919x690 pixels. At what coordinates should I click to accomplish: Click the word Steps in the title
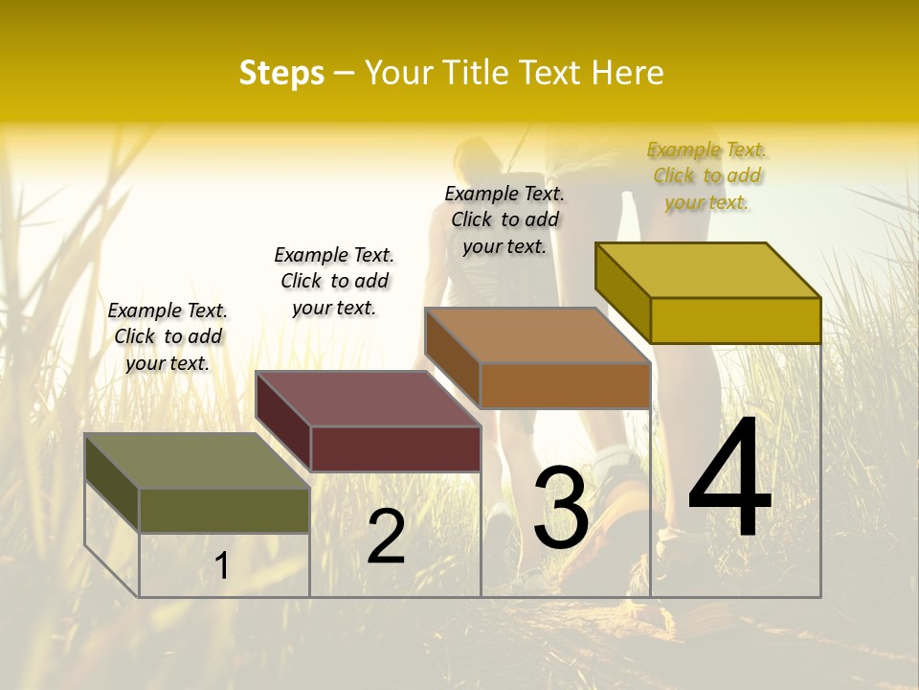pyautogui.click(x=281, y=73)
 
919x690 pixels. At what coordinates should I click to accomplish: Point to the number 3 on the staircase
pyautogui.click(x=561, y=508)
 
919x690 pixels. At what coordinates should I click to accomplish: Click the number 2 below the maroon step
pyautogui.click(x=387, y=537)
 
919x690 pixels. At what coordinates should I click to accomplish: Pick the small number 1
pyautogui.click(x=222, y=566)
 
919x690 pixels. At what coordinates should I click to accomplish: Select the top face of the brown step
pyautogui.click(x=536, y=335)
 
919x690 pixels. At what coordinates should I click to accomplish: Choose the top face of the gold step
pyautogui.click(x=706, y=270)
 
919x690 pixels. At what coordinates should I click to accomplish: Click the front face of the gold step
pyautogui.click(x=735, y=320)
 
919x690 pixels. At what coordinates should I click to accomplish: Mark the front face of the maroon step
pyautogui.click(x=395, y=448)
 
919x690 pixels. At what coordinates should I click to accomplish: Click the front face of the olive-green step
pyautogui.click(x=224, y=510)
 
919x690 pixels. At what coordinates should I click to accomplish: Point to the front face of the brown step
pyautogui.click(x=565, y=385)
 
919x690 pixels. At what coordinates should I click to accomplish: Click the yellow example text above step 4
pyautogui.click(x=707, y=176)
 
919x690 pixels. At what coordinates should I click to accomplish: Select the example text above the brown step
pyautogui.click(x=504, y=219)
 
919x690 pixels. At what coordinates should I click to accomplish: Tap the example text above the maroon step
pyautogui.click(x=334, y=281)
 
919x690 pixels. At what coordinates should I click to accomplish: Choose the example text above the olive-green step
pyautogui.click(x=168, y=336)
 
